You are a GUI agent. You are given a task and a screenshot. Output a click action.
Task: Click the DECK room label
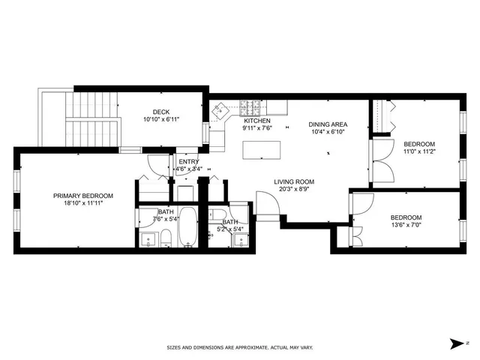pyautogui.click(x=161, y=112)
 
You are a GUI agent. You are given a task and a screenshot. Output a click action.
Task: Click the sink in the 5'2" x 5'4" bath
pyautogui.click(x=241, y=239)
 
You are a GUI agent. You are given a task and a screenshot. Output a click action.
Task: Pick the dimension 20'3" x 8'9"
pyautogui.click(x=293, y=190)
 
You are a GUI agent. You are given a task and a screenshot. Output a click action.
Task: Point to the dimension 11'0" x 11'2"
pyautogui.click(x=419, y=151)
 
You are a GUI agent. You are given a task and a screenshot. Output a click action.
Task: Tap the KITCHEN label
pyautogui.click(x=256, y=120)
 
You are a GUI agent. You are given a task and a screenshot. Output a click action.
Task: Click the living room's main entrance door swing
pyautogui.click(x=266, y=203)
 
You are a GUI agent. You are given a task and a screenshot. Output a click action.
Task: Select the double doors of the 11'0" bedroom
pyautogui.click(x=383, y=160)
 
